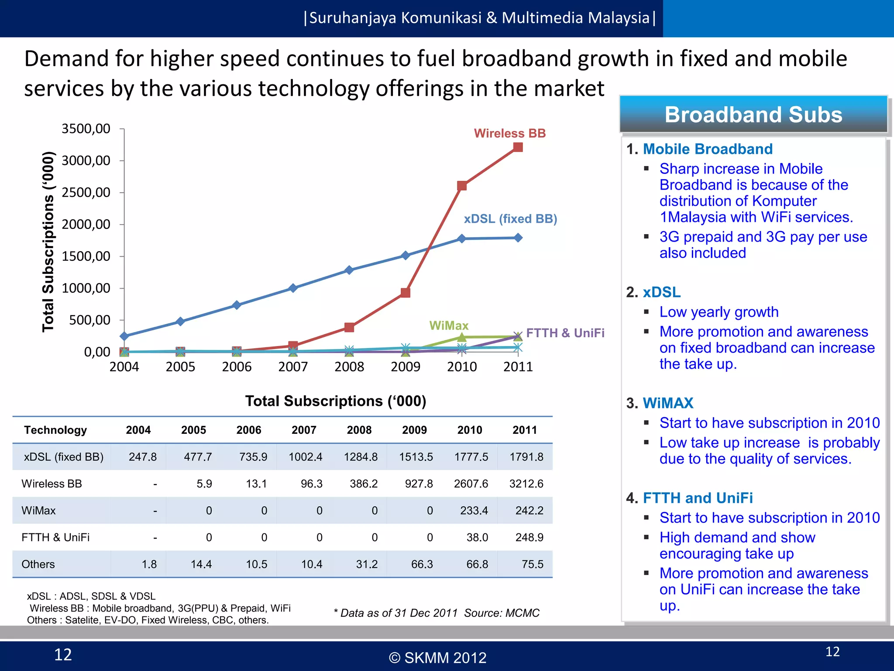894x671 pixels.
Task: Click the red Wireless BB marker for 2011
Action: coord(518,147)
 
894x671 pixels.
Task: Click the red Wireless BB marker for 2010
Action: coord(462,186)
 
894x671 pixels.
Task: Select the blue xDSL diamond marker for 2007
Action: coord(293,288)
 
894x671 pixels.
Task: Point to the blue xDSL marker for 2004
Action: coord(124,336)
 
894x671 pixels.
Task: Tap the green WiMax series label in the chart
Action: coord(448,325)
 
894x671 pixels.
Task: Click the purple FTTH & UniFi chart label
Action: coord(565,333)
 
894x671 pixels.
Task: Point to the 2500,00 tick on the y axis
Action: coord(86,192)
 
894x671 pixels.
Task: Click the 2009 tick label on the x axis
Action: coord(406,367)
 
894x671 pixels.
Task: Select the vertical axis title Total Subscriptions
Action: coord(48,241)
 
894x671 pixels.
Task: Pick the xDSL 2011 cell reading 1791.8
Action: coord(526,457)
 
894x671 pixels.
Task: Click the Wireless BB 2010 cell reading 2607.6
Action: coord(471,484)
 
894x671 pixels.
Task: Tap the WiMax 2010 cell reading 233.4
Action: coord(474,511)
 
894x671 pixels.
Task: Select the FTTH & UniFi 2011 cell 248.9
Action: coord(529,537)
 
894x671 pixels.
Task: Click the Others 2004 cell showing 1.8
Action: coord(149,564)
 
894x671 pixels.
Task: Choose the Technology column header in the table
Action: coord(55,430)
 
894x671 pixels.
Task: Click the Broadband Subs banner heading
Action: coord(753,114)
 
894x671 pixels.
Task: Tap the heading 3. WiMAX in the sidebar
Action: coord(660,403)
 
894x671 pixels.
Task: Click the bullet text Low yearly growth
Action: coord(719,312)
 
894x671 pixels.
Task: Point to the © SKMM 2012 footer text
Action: coord(437,657)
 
